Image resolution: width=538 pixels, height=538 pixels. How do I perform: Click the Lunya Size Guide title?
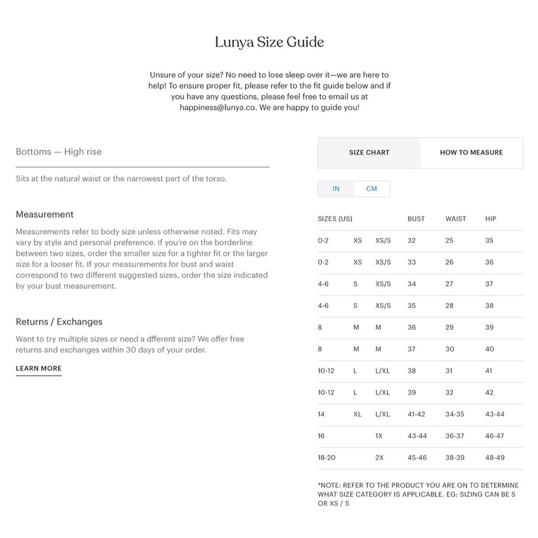(x=269, y=42)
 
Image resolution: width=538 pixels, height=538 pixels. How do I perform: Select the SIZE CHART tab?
(x=369, y=152)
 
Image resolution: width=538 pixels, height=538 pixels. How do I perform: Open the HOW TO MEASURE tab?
(x=471, y=152)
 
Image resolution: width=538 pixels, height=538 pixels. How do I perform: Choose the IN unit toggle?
(x=336, y=189)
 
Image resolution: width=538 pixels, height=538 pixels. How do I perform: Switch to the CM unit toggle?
(x=372, y=189)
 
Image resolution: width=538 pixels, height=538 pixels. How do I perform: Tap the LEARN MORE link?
(x=39, y=369)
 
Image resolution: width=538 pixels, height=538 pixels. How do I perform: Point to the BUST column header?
(x=416, y=219)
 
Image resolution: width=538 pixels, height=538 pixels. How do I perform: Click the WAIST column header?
(x=456, y=219)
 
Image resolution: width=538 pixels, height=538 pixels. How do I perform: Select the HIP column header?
(x=491, y=219)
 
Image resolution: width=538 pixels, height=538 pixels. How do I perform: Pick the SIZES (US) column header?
(x=335, y=219)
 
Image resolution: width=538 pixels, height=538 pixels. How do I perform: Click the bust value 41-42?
(x=416, y=414)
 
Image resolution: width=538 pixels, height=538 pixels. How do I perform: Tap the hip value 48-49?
(x=494, y=458)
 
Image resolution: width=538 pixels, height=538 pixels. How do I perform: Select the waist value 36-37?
(x=455, y=436)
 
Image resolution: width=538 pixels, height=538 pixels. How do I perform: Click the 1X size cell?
(x=379, y=436)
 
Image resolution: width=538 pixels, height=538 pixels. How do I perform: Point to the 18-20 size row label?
(x=327, y=458)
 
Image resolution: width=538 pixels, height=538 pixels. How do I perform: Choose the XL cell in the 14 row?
(x=357, y=414)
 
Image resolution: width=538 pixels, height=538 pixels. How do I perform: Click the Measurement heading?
(x=45, y=214)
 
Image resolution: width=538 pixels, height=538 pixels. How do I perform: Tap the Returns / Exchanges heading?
(x=59, y=322)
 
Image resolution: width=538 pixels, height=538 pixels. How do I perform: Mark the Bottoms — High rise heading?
(x=59, y=152)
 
